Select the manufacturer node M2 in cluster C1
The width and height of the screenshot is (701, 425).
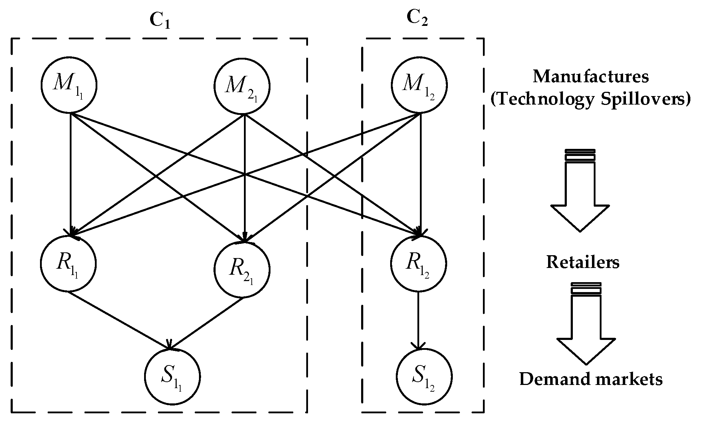click(242, 86)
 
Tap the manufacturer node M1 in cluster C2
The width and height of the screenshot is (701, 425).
click(419, 85)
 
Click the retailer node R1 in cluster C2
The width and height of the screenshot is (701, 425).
click(419, 264)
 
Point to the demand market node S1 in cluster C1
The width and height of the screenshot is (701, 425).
click(172, 376)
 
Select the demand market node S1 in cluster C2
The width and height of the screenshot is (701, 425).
click(424, 376)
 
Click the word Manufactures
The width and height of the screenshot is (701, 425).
click(591, 77)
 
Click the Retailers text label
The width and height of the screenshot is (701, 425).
click(583, 262)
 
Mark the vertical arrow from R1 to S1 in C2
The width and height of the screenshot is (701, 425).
click(419, 319)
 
